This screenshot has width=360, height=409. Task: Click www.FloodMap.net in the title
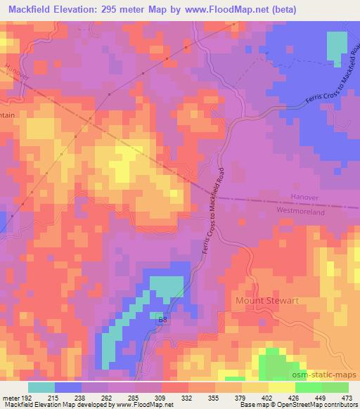click(221, 10)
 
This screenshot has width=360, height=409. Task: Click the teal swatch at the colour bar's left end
click(41, 387)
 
